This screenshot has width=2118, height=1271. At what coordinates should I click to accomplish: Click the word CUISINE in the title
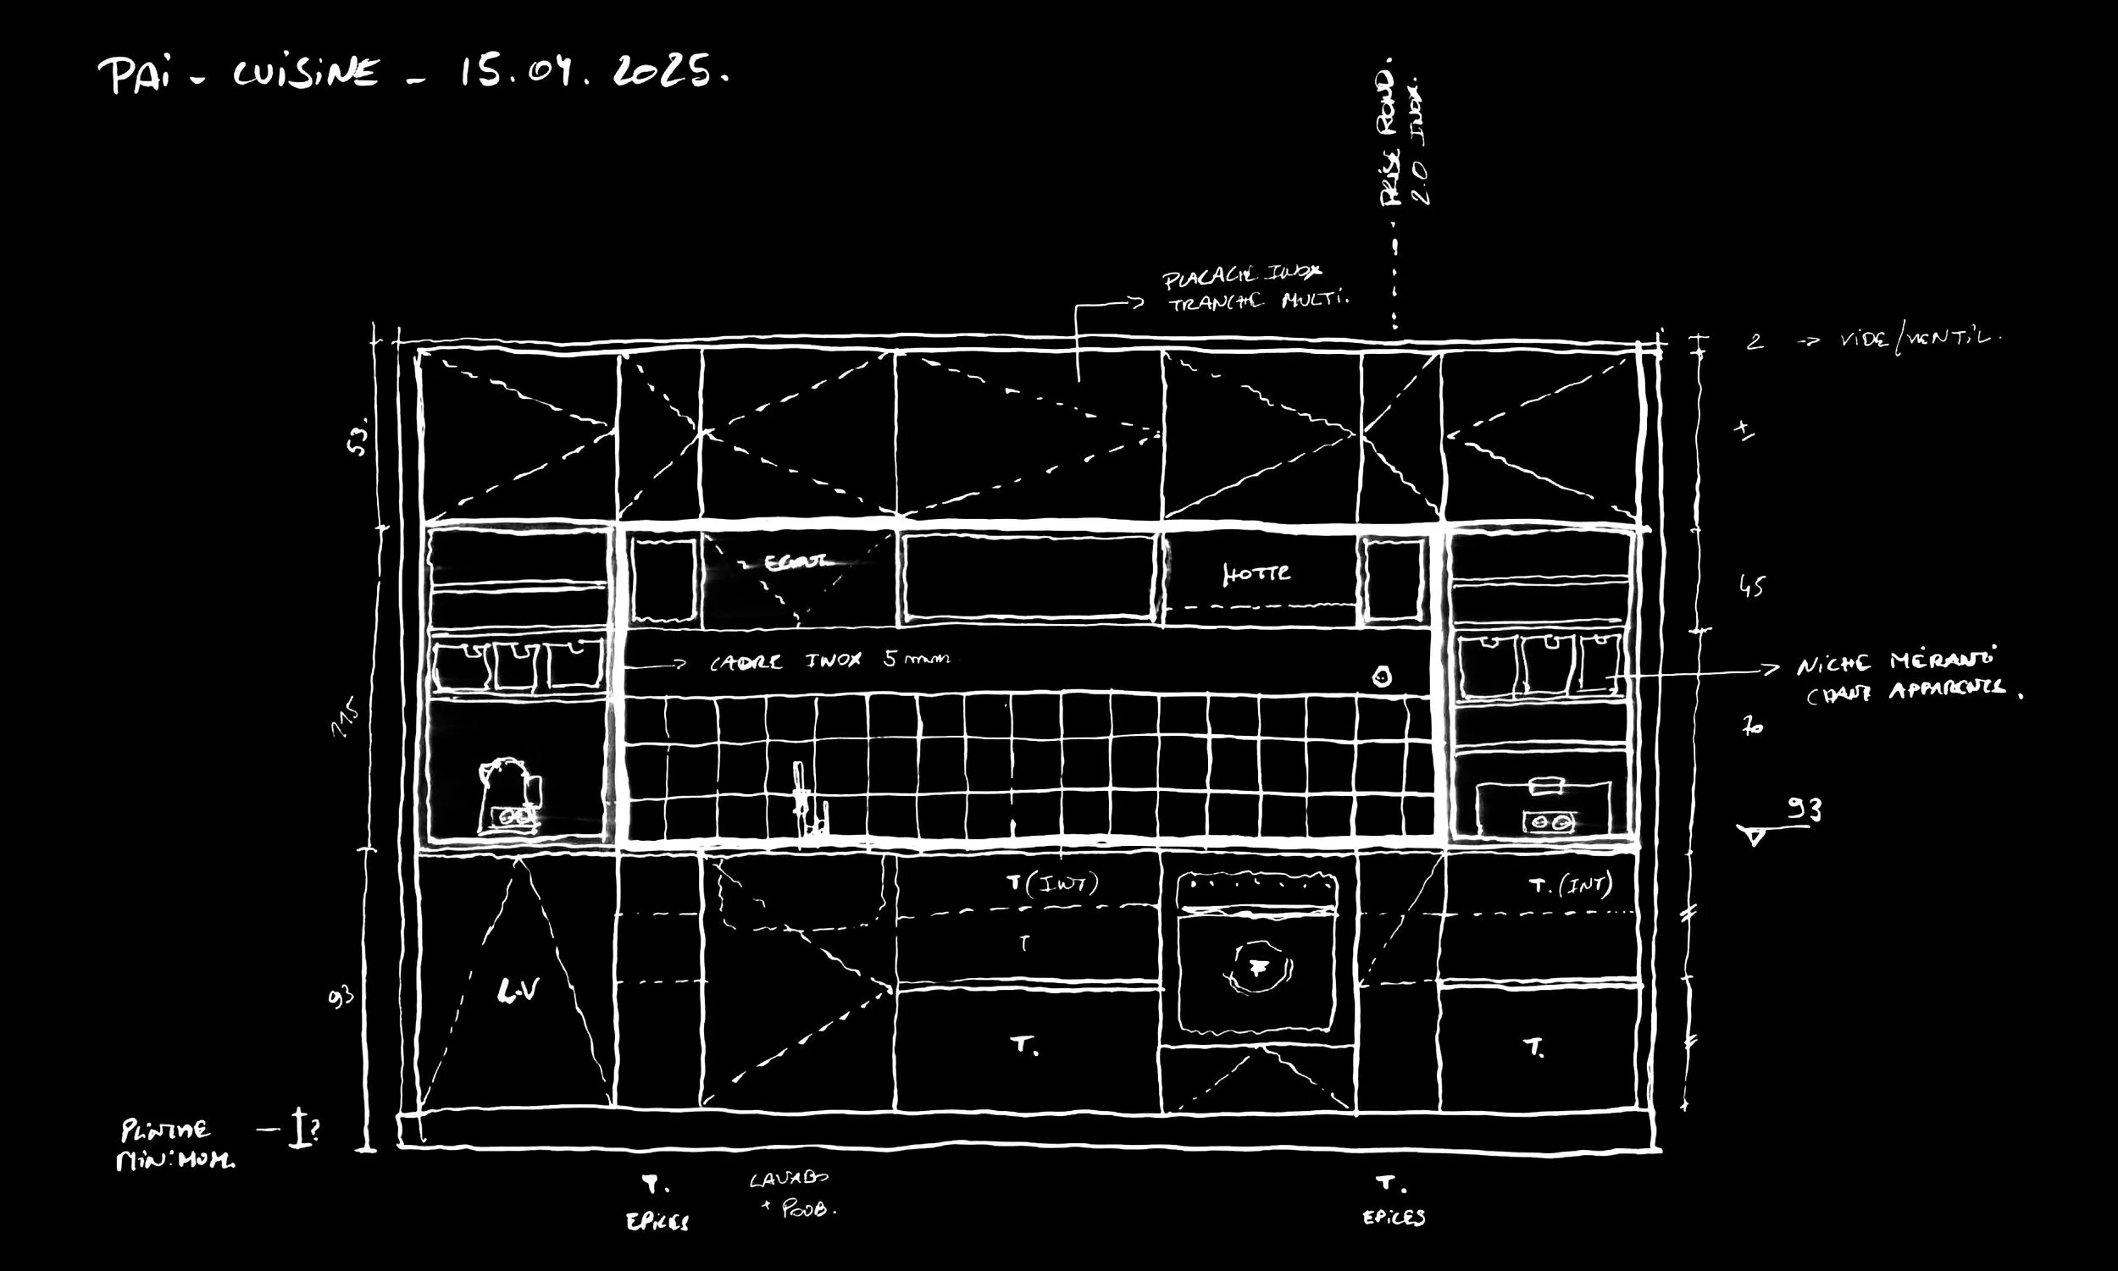click(305, 74)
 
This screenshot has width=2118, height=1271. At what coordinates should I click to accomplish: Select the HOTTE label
click(1256, 573)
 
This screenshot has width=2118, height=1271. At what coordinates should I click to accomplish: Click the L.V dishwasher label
click(518, 991)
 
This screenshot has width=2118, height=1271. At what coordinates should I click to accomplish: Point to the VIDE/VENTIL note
click(1919, 340)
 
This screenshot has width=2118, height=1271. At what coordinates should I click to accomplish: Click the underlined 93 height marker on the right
click(1803, 810)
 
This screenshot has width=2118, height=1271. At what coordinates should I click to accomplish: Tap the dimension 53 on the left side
click(359, 436)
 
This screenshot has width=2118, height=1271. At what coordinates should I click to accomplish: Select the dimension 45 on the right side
click(1751, 586)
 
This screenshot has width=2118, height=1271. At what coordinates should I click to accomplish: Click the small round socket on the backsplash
click(1381, 677)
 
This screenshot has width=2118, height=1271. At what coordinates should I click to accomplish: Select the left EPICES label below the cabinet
click(657, 1221)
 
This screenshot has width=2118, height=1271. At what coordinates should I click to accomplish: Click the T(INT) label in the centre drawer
click(1052, 883)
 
